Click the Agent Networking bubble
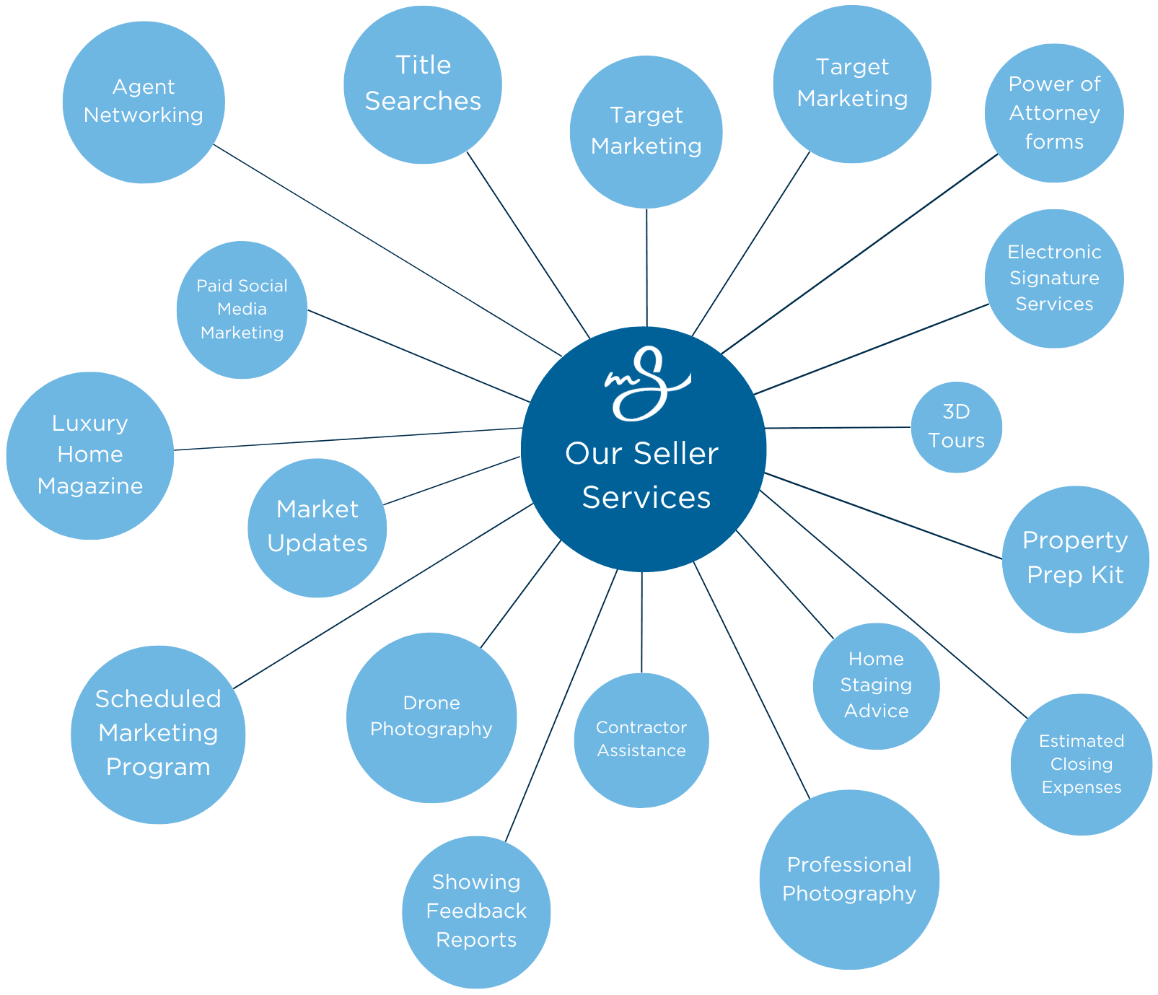144,102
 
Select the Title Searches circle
423,84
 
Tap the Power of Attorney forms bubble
1054,113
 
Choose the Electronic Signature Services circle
1054,279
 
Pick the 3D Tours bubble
956,427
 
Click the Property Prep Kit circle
1075,558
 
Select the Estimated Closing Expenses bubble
1081,764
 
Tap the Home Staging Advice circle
876,685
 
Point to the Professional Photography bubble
849,879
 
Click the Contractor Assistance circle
641,740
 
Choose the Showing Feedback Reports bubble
476,911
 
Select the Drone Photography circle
431,717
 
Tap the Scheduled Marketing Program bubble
158,734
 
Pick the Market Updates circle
317,527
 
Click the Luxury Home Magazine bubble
90,455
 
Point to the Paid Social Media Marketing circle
242,310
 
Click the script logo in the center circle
646,382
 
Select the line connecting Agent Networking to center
387,250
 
